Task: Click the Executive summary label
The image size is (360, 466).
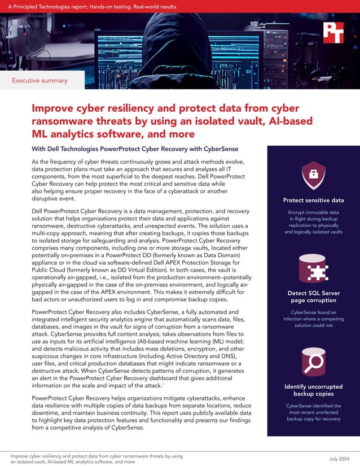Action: (x=39, y=81)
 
